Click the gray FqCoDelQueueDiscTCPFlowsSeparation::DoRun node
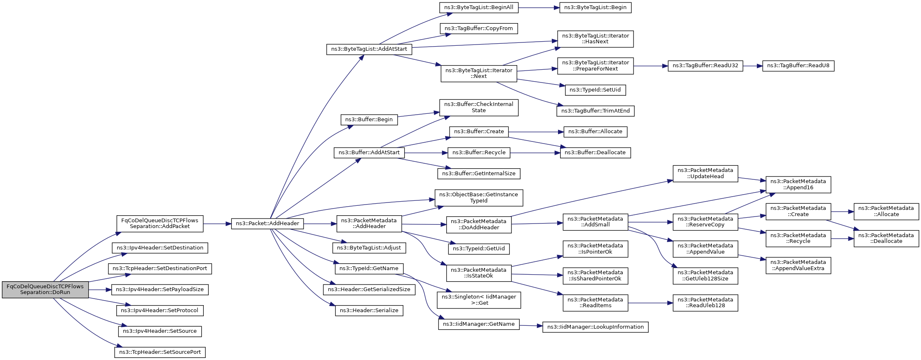[45, 289]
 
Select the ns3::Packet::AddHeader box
[267, 224]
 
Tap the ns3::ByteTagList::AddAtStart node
[369, 49]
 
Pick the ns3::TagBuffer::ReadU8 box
[798, 66]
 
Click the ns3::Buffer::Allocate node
[595, 132]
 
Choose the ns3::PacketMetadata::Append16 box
[798, 184]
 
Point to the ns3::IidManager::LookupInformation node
[595, 327]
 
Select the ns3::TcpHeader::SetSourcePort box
[160, 352]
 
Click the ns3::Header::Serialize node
[369, 311]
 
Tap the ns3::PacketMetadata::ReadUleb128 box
[705, 303]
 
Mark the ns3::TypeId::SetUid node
[595, 90]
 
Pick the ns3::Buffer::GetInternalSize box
[478, 174]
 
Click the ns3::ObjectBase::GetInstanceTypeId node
[478, 198]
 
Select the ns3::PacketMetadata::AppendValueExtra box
[798, 265]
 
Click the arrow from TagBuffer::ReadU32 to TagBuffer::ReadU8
[752, 66]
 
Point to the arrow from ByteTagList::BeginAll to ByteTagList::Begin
[539, 7]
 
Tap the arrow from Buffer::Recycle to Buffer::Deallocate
[535, 153]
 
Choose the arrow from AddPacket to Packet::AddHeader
[217, 224]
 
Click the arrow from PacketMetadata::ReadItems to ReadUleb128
[650, 303]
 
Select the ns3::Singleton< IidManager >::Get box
[478, 300]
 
